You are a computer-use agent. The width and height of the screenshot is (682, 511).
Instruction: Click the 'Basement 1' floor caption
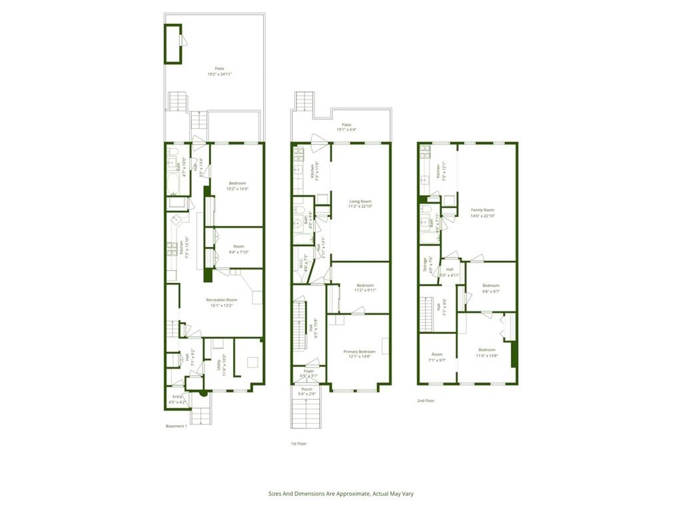(176, 426)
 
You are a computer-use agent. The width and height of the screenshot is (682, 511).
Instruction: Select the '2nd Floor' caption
(426, 401)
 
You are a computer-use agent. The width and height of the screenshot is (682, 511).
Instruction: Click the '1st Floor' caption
(298, 443)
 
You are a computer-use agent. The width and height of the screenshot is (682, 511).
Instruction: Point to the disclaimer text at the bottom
(341, 494)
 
